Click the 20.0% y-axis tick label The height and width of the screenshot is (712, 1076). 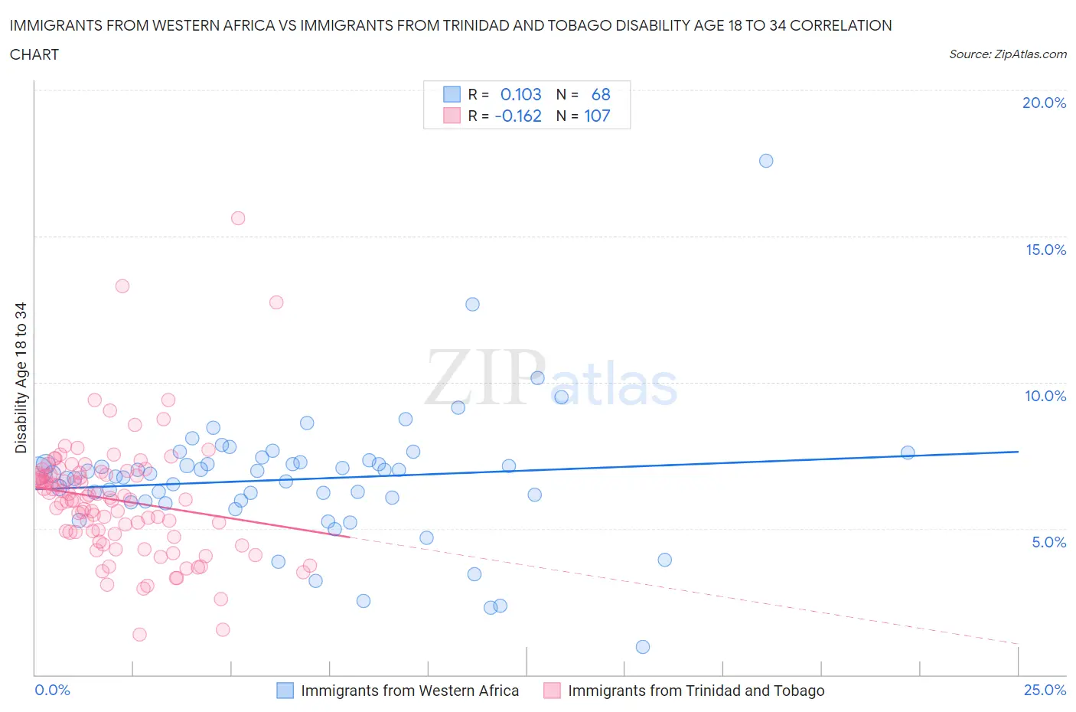pyautogui.click(x=1044, y=103)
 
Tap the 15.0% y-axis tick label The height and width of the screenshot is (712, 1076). pyautogui.click(x=1045, y=250)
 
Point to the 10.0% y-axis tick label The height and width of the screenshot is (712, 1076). pyautogui.click(x=1045, y=396)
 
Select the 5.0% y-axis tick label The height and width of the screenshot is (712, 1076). pyautogui.click(x=1048, y=542)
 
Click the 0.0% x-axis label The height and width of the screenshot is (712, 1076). pyautogui.click(x=52, y=690)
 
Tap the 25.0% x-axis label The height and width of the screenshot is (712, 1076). pyautogui.click(x=1045, y=690)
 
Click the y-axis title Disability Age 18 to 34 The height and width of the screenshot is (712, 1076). pyautogui.click(x=21, y=377)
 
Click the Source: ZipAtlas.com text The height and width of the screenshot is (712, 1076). pyautogui.click(x=1007, y=54)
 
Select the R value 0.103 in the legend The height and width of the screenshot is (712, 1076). pyautogui.click(x=520, y=94)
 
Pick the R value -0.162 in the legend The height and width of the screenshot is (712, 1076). pyautogui.click(x=518, y=116)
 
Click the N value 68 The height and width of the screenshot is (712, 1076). pyautogui.click(x=601, y=94)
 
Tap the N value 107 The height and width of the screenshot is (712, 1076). pyautogui.click(x=597, y=116)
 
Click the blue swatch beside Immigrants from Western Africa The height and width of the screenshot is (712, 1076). pyautogui.click(x=285, y=691)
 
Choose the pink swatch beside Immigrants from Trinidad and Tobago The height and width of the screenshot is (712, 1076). pyautogui.click(x=552, y=691)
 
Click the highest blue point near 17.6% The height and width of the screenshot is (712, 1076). pyautogui.click(x=766, y=161)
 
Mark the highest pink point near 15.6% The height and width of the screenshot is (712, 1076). pyautogui.click(x=238, y=218)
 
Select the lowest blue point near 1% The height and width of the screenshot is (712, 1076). pyautogui.click(x=643, y=647)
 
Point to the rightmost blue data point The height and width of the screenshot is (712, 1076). pyautogui.click(x=908, y=452)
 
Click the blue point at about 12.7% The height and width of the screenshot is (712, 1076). pyautogui.click(x=472, y=304)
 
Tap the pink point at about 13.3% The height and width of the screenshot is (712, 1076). pyautogui.click(x=122, y=286)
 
